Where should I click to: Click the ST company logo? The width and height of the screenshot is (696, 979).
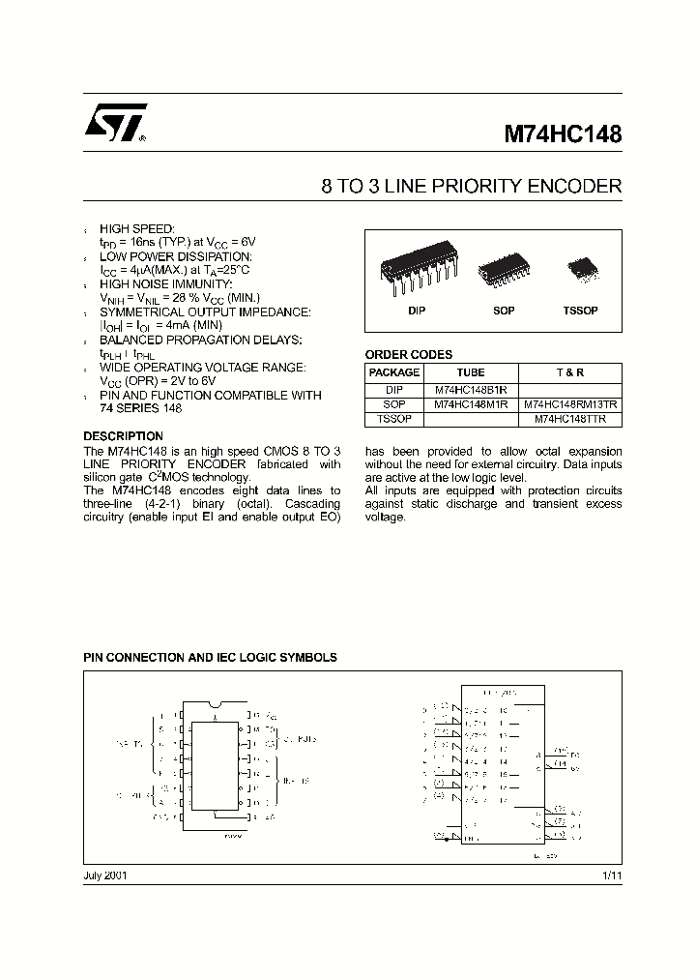(114, 125)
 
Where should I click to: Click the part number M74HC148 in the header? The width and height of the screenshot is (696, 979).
(562, 134)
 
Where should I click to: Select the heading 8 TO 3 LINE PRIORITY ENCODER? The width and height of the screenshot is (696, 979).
(471, 187)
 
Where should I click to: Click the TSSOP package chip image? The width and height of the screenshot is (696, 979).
(581, 267)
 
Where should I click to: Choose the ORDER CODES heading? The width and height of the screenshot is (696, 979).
(408, 355)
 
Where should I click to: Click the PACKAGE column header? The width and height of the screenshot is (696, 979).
(394, 372)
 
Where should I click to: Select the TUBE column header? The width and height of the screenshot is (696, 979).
(471, 372)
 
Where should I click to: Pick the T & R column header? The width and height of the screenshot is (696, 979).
(570, 372)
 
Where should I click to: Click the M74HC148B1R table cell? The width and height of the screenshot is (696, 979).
(471, 390)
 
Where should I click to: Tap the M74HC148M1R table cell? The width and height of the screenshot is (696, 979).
(471, 404)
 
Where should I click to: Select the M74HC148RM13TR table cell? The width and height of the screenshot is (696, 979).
(570, 404)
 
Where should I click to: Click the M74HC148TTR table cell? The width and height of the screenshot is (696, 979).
(570, 419)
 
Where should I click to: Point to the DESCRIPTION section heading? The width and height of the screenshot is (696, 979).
(124, 436)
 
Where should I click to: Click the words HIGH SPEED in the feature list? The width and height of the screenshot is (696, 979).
(137, 227)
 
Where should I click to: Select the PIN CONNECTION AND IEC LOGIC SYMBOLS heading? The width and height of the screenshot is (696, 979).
(211, 657)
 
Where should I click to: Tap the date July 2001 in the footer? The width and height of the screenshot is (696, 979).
(105, 875)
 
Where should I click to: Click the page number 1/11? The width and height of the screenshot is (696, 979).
(612, 875)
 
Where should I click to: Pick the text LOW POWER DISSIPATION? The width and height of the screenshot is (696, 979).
(175, 256)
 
